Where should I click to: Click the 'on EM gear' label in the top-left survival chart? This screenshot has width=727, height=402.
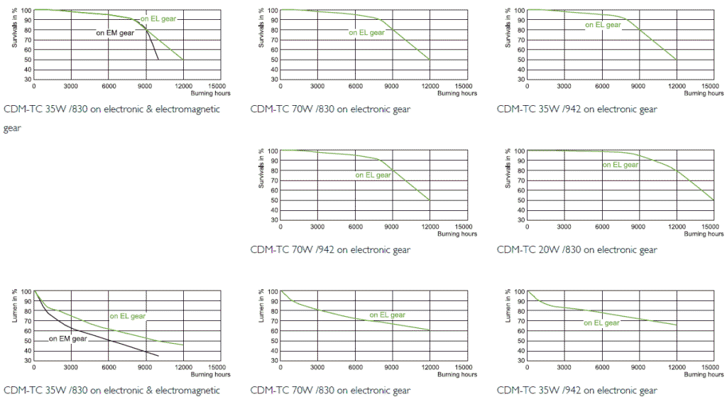click(115, 33)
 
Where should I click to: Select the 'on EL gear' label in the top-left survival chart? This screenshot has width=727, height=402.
click(158, 18)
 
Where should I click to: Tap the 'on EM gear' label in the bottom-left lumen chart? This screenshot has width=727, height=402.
click(67, 339)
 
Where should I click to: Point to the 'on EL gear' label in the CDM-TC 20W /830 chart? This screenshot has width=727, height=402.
click(621, 165)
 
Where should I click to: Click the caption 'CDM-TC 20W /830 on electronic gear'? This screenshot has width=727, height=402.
click(576, 250)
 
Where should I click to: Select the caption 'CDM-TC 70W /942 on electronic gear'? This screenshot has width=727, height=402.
click(330, 250)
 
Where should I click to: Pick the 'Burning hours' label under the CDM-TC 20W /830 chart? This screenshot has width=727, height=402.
click(705, 234)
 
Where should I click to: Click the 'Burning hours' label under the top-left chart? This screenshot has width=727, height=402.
click(211, 93)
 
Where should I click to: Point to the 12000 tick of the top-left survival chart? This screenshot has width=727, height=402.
click(183, 86)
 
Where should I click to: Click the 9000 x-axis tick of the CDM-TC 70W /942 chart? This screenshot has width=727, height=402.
click(392, 227)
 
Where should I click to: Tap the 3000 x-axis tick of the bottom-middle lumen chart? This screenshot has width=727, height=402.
click(317, 367)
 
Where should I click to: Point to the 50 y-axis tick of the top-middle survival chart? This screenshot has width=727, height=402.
click(273, 60)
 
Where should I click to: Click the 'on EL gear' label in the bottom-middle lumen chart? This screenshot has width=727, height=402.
click(387, 315)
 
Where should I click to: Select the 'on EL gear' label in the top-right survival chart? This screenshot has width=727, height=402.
click(603, 25)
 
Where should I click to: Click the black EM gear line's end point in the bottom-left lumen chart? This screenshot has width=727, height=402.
click(158, 355)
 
